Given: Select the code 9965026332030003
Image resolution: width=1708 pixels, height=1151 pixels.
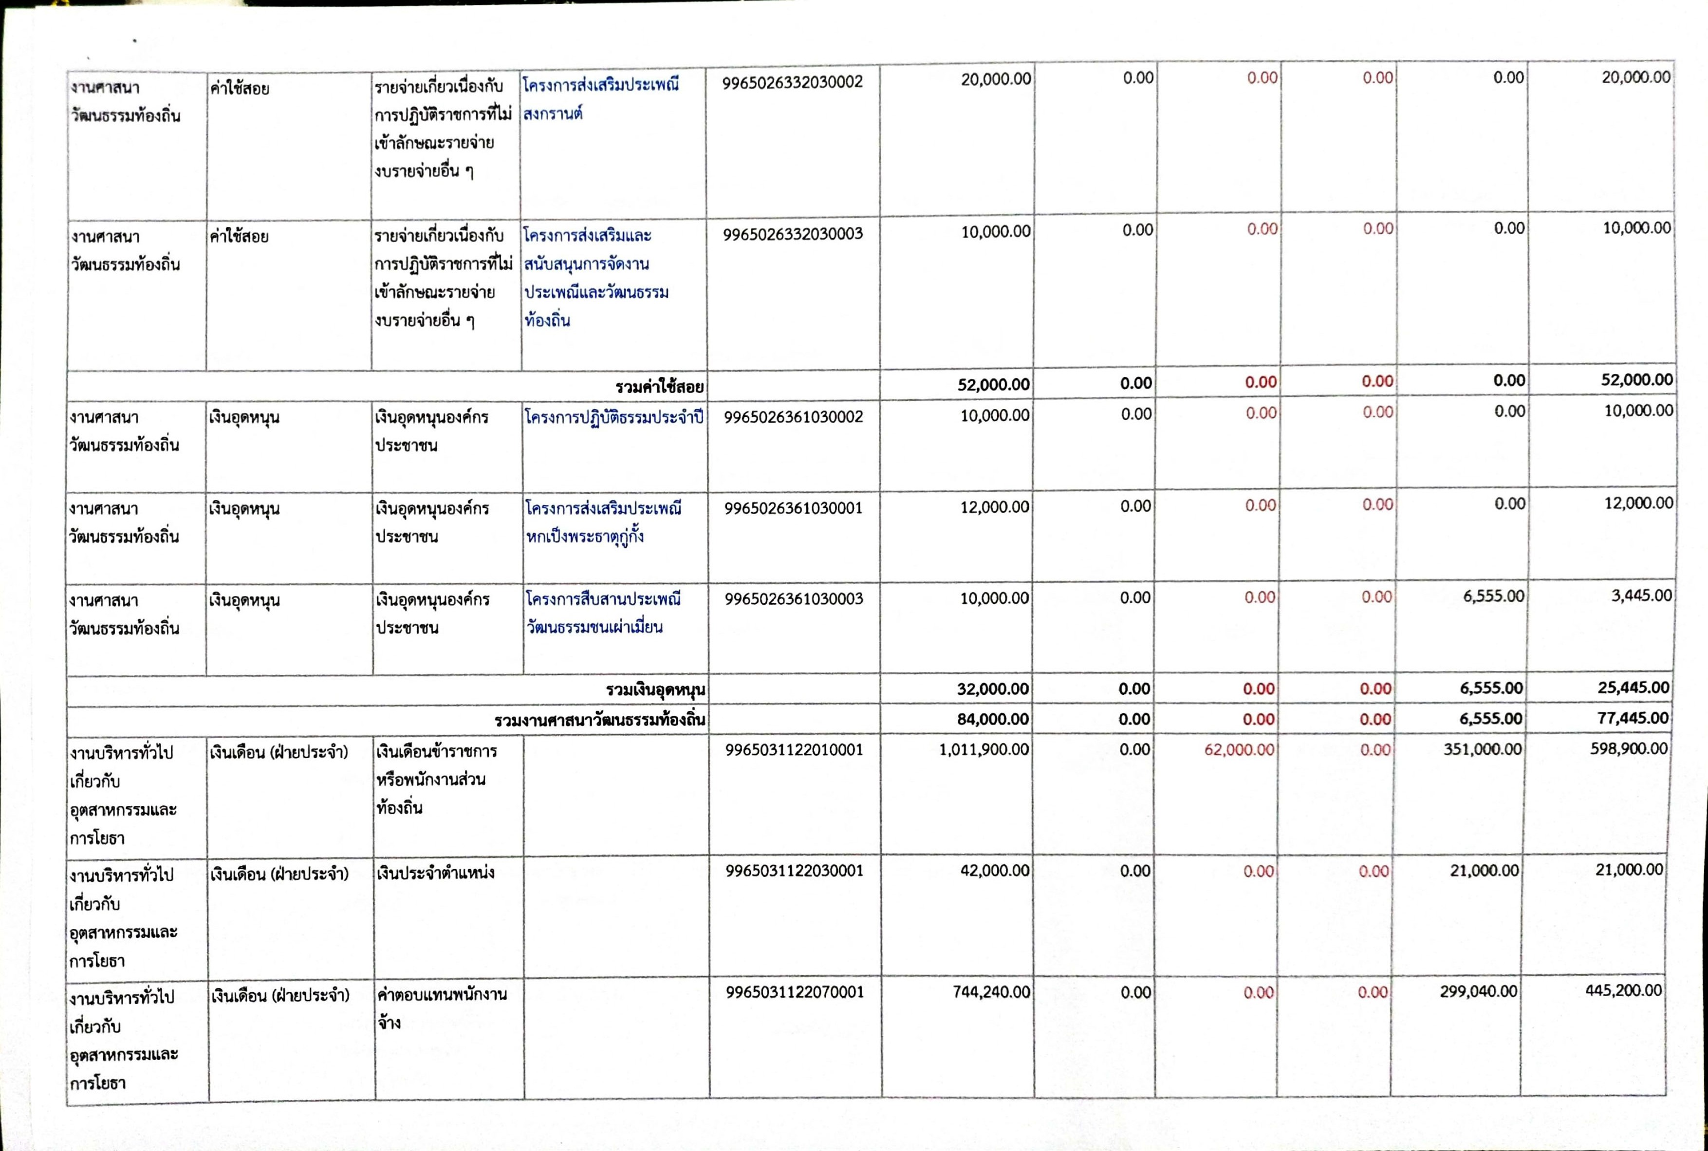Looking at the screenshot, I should tap(793, 234).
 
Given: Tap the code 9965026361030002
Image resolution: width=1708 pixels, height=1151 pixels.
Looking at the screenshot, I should tap(794, 417).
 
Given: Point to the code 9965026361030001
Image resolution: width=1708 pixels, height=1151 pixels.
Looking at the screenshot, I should tap(794, 508).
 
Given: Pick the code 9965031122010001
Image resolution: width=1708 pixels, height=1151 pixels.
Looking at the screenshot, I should tap(794, 749).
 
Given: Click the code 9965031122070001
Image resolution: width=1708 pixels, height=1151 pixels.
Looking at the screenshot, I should tap(795, 992).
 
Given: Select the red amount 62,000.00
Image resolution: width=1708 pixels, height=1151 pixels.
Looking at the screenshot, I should tap(1239, 749).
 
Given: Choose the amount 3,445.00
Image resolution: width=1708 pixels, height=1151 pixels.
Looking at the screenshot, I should tap(1641, 595).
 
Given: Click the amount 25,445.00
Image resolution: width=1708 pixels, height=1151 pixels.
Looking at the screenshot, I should tap(1633, 688).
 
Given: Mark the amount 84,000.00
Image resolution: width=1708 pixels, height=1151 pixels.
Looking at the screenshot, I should tap(992, 719).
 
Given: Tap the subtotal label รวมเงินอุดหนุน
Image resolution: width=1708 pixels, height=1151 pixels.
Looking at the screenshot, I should tap(655, 689).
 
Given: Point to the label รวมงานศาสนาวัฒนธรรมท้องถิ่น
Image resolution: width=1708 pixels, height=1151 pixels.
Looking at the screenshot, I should tap(600, 720).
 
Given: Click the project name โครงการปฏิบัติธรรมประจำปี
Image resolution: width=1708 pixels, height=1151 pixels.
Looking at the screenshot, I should tap(614, 417).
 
